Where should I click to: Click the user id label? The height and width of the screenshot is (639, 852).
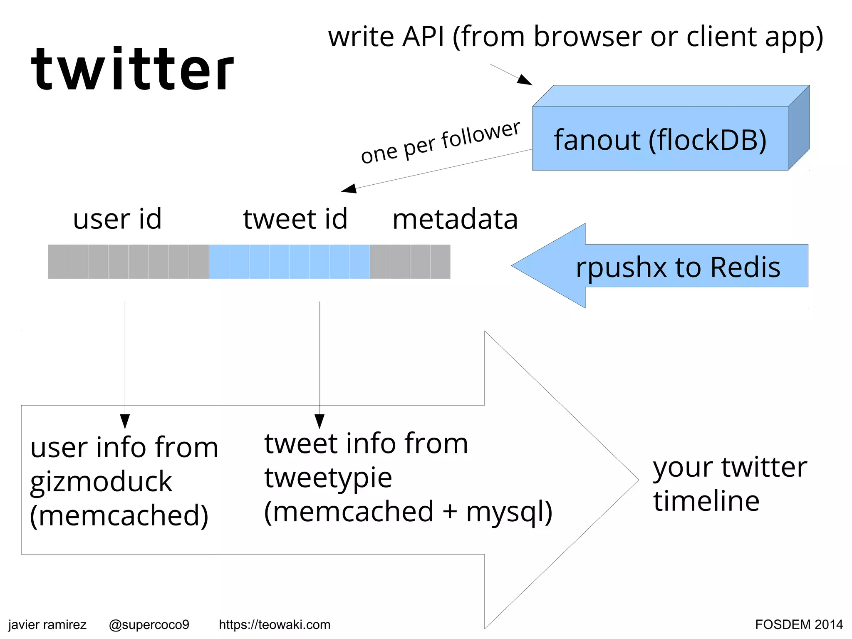(x=117, y=219)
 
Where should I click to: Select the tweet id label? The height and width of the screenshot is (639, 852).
(x=295, y=219)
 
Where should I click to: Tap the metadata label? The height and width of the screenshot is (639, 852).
(x=455, y=219)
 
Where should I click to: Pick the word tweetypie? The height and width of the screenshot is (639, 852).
(x=328, y=478)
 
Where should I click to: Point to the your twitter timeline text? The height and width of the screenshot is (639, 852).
(x=729, y=484)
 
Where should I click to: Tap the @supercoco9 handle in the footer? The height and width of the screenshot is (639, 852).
(x=149, y=624)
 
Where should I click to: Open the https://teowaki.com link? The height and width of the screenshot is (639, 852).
(x=275, y=624)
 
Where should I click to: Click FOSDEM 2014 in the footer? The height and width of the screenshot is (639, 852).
(x=799, y=624)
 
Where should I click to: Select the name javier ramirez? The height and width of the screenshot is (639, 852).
(x=47, y=624)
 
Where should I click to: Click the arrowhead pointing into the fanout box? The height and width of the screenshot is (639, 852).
(x=525, y=80)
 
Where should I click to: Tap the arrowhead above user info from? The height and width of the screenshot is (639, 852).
(x=125, y=421)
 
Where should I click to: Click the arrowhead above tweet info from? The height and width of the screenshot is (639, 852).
(x=319, y=421)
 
